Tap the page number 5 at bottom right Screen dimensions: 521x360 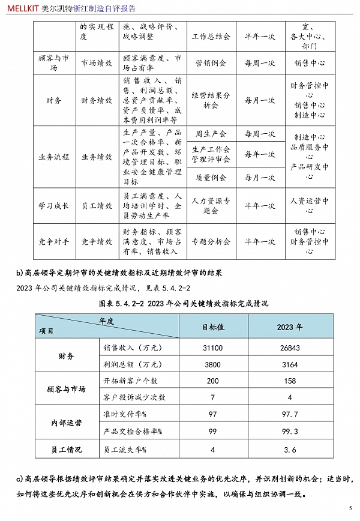coord(350,508)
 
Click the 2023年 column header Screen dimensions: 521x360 coord(289,327)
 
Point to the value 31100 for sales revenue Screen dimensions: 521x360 coord(212,348)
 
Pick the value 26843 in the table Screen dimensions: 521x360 coord(289,348)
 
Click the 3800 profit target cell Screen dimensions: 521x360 coord(212,364)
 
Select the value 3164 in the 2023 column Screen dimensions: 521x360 coord(289,364)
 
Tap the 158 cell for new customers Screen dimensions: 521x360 coord(289,381)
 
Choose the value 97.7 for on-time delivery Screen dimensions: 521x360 coord(289,415)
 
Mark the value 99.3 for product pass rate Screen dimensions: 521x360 coord(289,432)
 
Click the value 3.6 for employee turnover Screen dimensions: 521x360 coord(289,449)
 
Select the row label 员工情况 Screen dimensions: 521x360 coord(64,449)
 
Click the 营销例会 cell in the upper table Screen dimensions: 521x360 coord(211,63)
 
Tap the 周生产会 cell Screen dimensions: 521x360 coord(211,133)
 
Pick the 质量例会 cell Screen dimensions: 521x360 coord(211,178)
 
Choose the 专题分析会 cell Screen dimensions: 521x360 coord(211,241)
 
